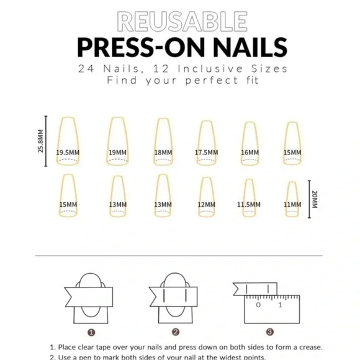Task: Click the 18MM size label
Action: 163,152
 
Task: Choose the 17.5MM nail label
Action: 206,152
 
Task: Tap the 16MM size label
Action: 250,152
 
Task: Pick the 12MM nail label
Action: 206,204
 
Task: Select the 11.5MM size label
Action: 248,204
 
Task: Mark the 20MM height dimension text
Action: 314,199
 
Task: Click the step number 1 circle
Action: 91,332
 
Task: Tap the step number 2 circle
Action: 176,332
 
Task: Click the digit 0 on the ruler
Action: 258,305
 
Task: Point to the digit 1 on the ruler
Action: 280,305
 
